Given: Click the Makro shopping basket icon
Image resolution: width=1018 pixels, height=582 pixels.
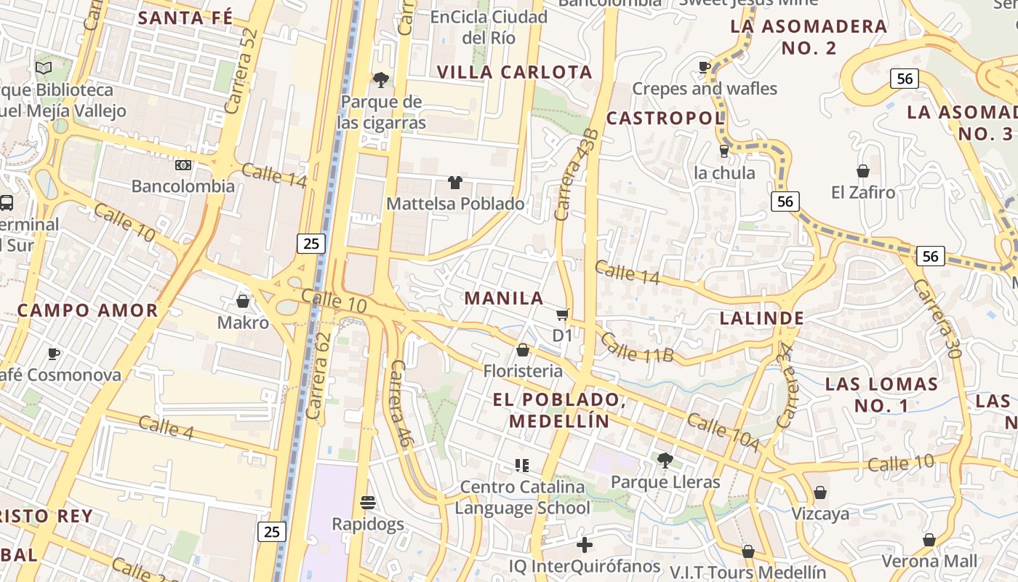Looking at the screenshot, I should coord(243,300).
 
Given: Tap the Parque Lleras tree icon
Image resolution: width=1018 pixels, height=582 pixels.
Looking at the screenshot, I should coord(665,460).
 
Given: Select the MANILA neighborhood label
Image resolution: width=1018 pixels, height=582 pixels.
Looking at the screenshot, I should coord(504,298).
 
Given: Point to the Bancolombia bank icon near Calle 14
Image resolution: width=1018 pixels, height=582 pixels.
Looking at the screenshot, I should coord(183,165).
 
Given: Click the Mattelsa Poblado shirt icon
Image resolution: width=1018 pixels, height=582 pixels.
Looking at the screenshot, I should coord(455,182).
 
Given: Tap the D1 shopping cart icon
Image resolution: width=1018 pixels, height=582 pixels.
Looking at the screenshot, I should coord(562,314).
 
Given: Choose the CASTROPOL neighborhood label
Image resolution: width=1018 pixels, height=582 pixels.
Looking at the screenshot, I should coord(665,118).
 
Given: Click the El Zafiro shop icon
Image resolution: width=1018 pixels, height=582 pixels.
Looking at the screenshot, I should coord(862,171).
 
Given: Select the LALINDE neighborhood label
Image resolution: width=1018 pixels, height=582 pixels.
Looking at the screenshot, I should coord(761,318).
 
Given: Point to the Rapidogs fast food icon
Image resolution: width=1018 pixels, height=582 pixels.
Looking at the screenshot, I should coord(367,503).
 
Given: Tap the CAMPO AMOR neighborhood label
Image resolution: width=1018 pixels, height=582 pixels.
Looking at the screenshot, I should coord(87,310).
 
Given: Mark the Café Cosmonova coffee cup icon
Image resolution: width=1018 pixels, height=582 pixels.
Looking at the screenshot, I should coord(53,354).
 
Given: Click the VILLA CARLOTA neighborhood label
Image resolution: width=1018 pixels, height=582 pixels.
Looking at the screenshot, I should coord(515,72).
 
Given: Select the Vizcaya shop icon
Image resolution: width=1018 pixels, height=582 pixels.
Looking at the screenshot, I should coord(819,493).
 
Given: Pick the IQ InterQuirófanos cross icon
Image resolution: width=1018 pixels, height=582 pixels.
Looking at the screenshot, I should coord(585,544).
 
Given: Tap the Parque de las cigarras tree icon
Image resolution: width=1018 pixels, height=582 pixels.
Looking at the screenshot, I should coord(380,79).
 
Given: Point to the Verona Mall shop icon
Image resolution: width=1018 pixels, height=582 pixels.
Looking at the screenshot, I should coord(929,540).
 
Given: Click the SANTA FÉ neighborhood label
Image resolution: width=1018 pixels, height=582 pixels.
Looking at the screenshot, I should coord(185,17).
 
